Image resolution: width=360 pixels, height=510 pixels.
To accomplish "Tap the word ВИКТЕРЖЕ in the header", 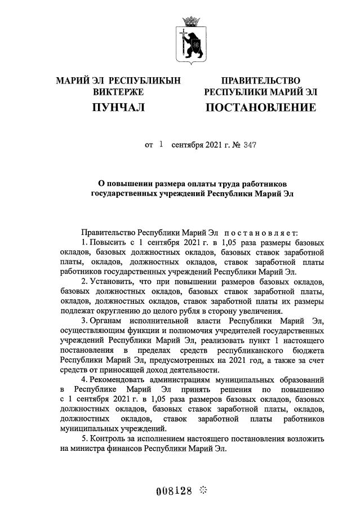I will click(118, 92).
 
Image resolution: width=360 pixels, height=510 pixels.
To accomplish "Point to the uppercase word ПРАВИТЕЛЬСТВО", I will click(260, 81).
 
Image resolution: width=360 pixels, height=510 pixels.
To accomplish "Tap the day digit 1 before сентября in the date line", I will click(161, 144).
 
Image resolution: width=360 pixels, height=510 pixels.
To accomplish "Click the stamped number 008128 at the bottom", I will click(174, 490).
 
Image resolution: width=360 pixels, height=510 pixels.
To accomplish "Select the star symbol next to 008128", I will click(203, 490).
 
